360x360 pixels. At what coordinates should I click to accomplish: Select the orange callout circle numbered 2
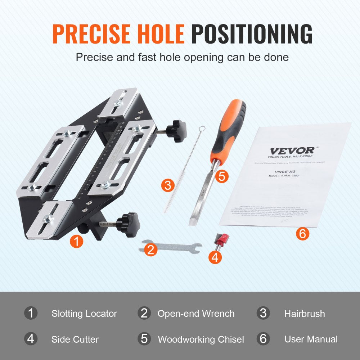[x=151, y=249]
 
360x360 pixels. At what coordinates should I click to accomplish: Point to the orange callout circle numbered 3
[x=168, y=185]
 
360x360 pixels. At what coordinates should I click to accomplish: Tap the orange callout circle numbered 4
[x=215, y=257]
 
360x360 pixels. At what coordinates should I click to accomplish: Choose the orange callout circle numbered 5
[x=222, y=176]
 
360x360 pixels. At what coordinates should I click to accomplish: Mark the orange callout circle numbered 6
[x=302, y=234]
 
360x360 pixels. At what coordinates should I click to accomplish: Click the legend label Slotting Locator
[x=84, y=314]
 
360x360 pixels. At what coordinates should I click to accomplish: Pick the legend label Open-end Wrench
[x=196, y=314]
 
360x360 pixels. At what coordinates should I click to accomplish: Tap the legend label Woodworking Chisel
[x=201, y=339]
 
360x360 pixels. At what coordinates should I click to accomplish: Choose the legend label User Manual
[x=311, y=339]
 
